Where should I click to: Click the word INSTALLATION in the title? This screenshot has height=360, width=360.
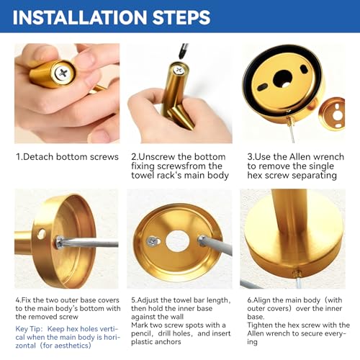pyautogui.click(x=80, y=17)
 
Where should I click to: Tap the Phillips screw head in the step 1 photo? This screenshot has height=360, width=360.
pyautogui.click(x=63, y=73)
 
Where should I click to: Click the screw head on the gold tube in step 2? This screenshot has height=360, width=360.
pyautogui.click(x=179, y=71)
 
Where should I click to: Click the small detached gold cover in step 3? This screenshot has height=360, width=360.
pyautogui.click(x=332, y=114)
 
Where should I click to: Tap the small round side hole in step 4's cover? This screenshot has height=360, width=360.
pyautogui.click(x=41, y=234)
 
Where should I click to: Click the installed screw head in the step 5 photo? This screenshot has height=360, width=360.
pyautogui.click(x=153, y=241)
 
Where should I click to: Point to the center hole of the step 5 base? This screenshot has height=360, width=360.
pyautogui.click(x=177, y=241)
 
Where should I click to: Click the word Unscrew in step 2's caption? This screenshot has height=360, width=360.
pyautogui.click(x=158, y=157)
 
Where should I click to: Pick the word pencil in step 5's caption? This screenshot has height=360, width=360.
pyautogui.click(x=141, y=334)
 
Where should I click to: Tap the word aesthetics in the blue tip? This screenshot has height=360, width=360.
pyautogui.click(x=71, y=346)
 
